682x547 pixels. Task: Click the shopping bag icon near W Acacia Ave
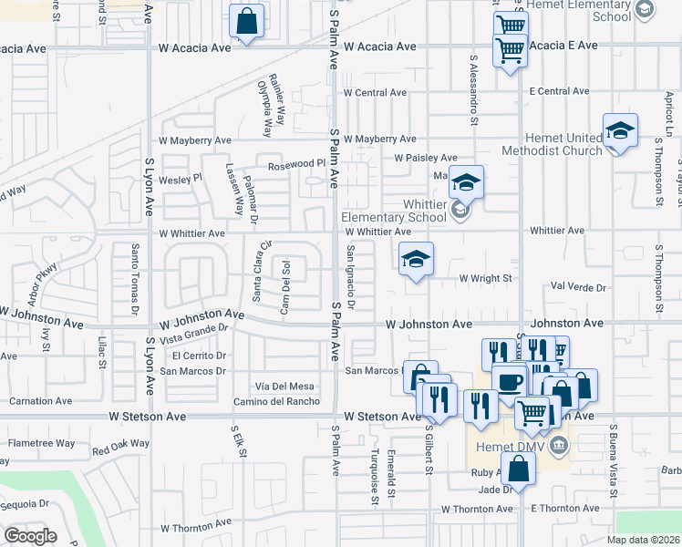247,20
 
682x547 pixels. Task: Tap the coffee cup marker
509,380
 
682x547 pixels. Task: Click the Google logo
31,535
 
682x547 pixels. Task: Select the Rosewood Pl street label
295,165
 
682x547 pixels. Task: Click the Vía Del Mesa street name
285,387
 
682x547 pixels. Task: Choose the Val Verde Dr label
579,287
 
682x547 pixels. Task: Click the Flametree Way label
41,443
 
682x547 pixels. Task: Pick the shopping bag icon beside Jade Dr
518,470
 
